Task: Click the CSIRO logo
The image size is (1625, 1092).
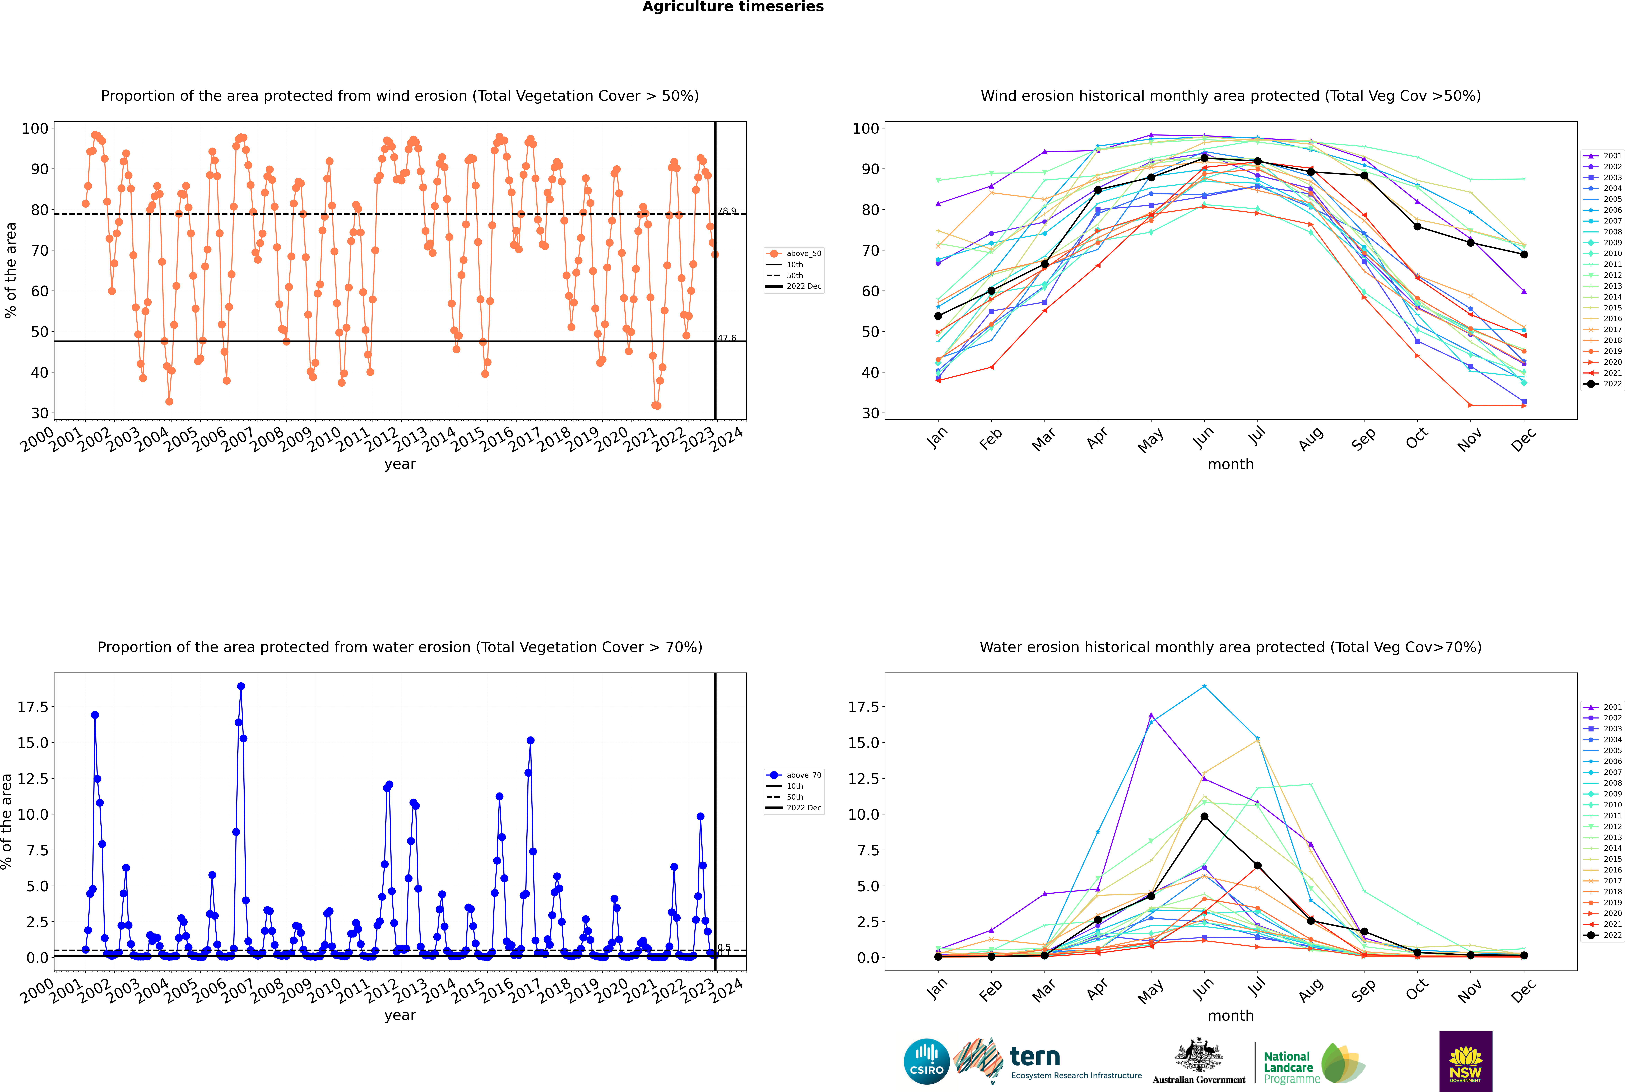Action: point(926,1061)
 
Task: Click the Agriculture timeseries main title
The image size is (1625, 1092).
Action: point(733,7)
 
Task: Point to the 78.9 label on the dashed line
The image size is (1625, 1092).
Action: point(726,211)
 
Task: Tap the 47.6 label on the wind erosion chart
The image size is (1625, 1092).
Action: point(726,338)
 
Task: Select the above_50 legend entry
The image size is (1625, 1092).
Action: point(794,254)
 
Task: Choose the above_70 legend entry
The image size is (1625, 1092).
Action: point(794,775)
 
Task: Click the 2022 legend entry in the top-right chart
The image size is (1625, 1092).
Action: point(1602,384)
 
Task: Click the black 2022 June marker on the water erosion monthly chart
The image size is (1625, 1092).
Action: point(1204,816)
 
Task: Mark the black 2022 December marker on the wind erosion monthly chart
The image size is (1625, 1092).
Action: point(1524,254)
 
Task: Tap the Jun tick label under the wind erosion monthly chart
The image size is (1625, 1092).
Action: point(1203,437)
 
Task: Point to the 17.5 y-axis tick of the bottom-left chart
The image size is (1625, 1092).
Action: point(33,707)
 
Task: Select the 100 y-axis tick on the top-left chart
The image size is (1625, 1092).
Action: point(35,128)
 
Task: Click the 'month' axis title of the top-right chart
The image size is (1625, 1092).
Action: point(1231,464)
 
